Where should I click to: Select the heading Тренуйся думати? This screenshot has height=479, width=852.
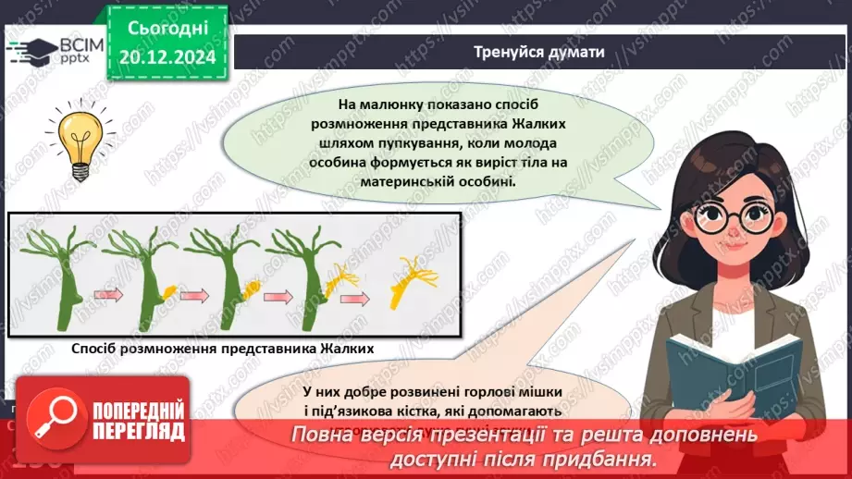[538, 52]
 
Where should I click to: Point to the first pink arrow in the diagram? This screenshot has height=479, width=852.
[108, 296]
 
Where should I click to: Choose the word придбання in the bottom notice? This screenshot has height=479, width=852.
[613, 459]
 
